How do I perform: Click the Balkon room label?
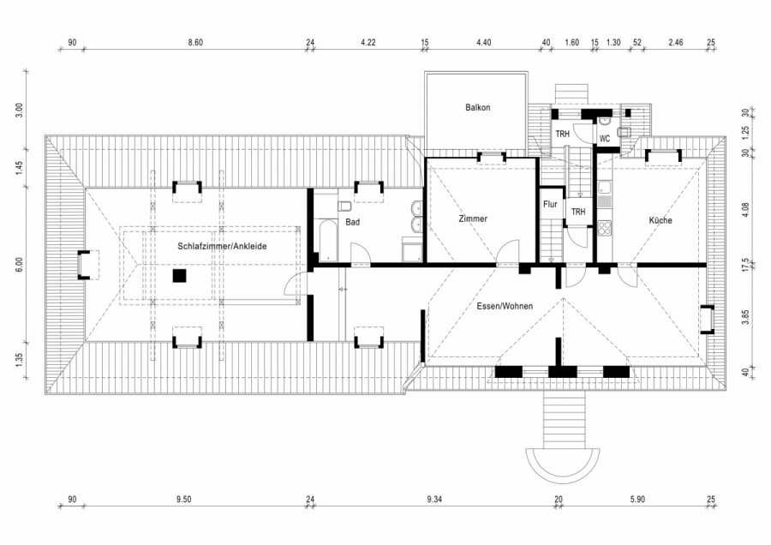point(477,107)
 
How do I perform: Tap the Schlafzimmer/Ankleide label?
point(222,246)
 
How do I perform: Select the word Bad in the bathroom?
point(352,222)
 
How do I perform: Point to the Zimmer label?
point(473,219)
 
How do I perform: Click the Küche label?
point(660,220)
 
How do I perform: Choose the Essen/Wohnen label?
point(505,306)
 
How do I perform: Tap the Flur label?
point(550,204)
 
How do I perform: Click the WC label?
point(604,139)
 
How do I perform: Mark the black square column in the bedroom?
point(180,275)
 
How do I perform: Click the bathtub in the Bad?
point(327,241)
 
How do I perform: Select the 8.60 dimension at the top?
point(195,42)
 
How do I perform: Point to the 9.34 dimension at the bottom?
point(434,500)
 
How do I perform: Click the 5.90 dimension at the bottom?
point(637,500)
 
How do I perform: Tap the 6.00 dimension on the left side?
point(19,265)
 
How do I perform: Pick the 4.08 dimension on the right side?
point(745,211)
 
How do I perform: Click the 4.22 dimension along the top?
point(368,42)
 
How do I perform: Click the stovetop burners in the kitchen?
point(604,228)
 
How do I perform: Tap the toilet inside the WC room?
point(625,132)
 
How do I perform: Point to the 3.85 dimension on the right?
point(745,317)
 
